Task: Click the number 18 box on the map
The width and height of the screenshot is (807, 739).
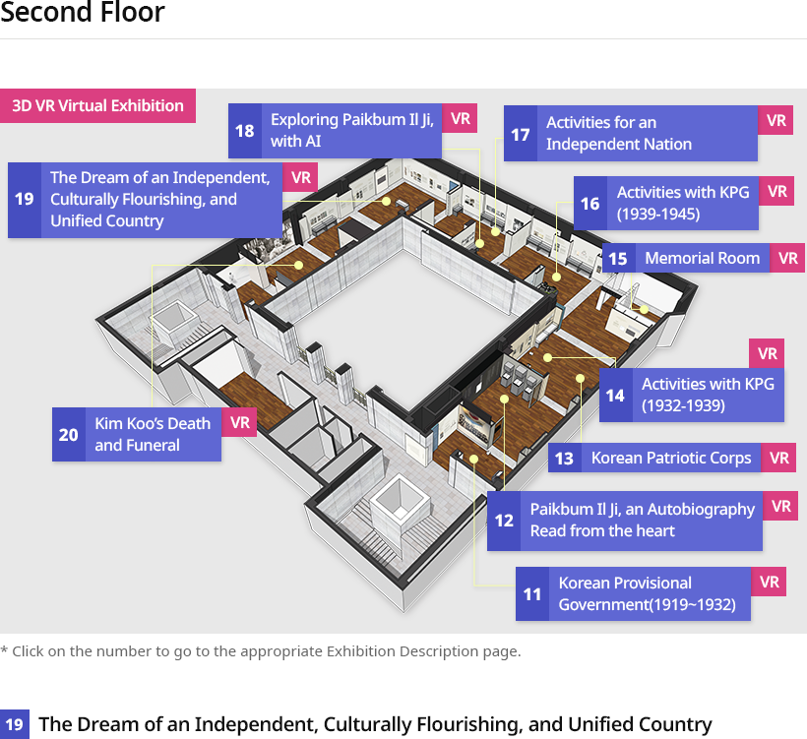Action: [x=244, y=131]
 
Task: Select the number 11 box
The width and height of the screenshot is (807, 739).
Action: [x=532, y=594]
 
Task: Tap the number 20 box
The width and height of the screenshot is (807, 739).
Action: [x=69, y=434]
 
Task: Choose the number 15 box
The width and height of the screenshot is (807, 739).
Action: [x=618, y=258]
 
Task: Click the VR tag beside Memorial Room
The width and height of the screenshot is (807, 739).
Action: [x=787, y=258]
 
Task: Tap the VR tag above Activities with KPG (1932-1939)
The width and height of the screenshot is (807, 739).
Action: [x=767, y=353]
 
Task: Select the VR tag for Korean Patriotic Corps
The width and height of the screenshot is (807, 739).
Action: [x=778, y=458]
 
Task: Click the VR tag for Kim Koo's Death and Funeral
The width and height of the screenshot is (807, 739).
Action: [x=239, y=422]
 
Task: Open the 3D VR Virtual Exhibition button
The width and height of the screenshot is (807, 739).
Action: [x=97, y=105]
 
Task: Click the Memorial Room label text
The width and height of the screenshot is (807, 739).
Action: [x=702, y=258]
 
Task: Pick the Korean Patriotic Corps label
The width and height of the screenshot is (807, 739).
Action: [x=671, y=458]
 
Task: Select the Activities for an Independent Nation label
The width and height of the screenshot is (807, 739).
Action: [x=619, y=133]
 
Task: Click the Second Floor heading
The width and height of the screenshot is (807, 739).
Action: [x=83, y=12]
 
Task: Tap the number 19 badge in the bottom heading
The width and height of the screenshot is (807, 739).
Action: [x=15, y=724]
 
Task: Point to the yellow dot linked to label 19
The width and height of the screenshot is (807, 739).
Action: [x=386, y=201]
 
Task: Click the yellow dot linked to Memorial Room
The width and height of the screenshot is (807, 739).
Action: [x=644, y=310]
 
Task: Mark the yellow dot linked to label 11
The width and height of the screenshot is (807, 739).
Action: [x=473, y=459]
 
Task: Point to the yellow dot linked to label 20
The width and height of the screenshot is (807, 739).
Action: [x=298, y=265]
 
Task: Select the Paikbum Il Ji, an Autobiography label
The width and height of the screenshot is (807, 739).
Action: [x=643, y=520]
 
